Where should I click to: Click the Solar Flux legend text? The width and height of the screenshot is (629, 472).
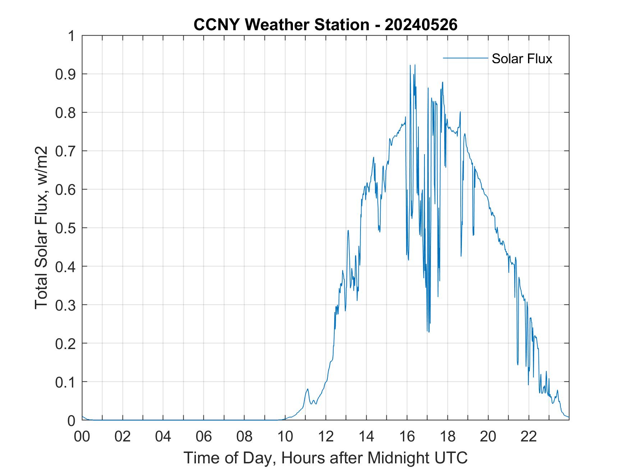coord(522,58)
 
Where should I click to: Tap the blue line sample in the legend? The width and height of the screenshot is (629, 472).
coord(465,58)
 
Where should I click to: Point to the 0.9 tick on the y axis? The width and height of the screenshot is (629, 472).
coord(66,74)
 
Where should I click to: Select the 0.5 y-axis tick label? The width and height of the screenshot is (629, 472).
coord(66,228)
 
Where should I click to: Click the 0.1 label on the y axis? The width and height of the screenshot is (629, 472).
coord(66,382)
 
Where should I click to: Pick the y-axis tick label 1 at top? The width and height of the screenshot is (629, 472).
coord(72,36)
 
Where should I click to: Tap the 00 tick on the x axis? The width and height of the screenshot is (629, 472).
coord(82,436)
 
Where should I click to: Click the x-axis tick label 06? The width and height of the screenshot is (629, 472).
coord(204,436)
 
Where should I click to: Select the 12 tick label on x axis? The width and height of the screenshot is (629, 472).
coord(326,436)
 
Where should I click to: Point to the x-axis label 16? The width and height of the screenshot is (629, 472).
coord(407,436)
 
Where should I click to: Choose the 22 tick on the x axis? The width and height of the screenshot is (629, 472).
coord(529,436)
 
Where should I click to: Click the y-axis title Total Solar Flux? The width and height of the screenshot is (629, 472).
coord(42,228)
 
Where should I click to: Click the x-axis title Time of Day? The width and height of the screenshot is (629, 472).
coord(325,458)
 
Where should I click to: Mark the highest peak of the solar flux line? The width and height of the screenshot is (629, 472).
coord(415,65)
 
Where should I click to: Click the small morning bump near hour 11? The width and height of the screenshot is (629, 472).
coord(308,389)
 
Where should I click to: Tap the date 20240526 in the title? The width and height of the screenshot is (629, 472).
coord(421,25)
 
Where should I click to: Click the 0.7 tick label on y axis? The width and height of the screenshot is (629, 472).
coord(66,151)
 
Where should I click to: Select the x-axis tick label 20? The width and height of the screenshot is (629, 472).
coord(488,436)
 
